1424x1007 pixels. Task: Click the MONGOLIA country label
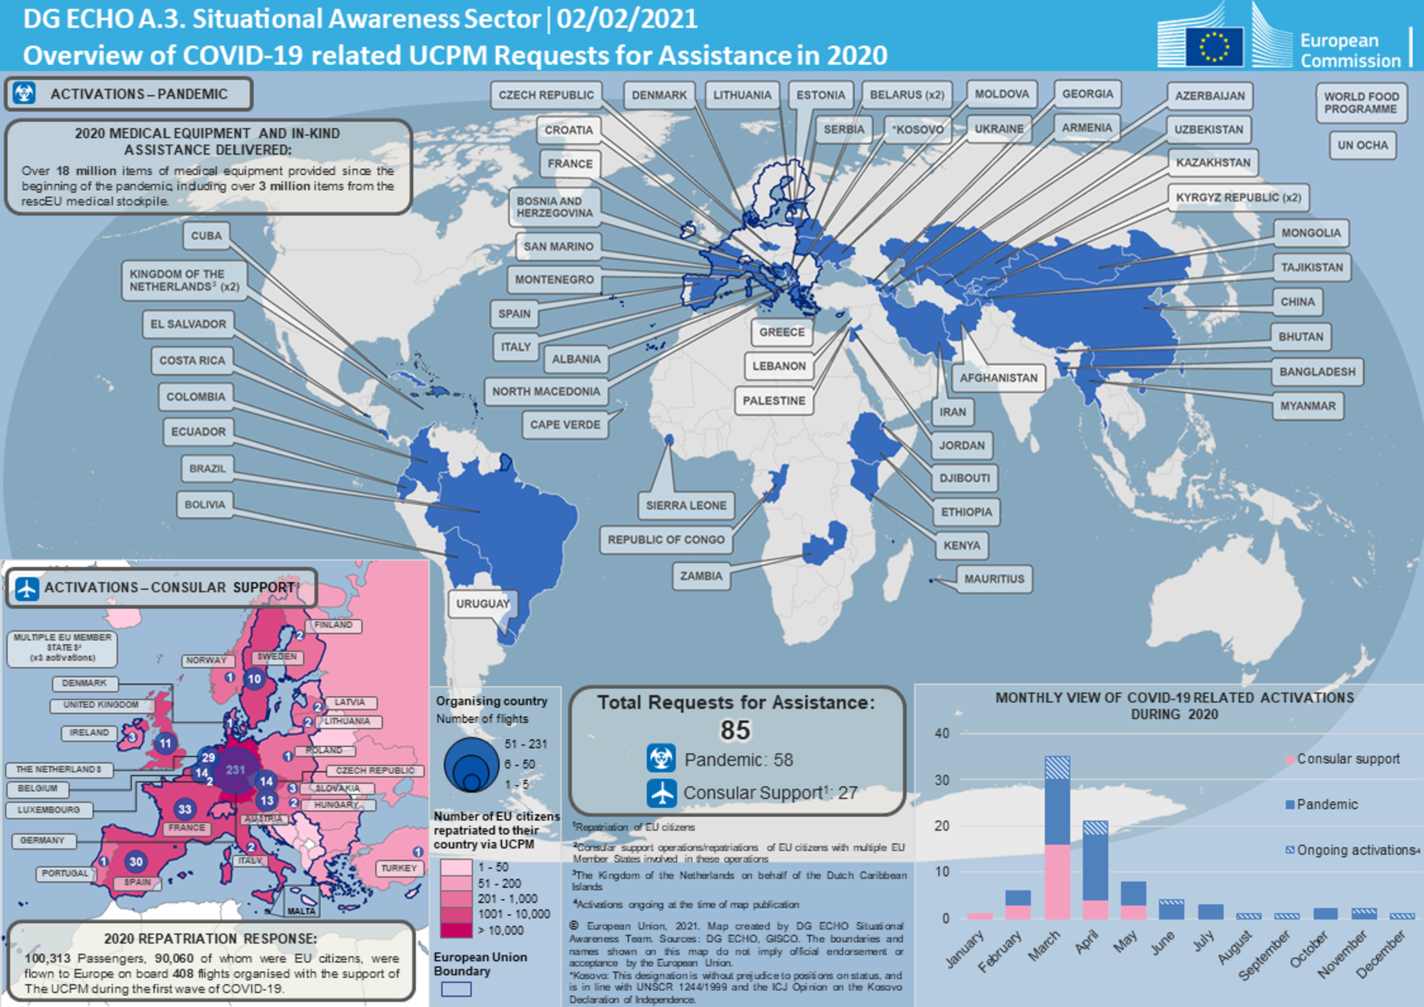pyautogui.click(x=1311, y=233)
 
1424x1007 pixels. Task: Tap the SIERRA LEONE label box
pyautogui.click(x=686, y=505)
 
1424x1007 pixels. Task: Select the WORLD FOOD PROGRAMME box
pyautogui.click(x=1361, y=103)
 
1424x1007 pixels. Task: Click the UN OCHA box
pyautogui.click(x=1362, y=145)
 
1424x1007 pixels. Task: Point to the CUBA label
pyautogui.click(x=206, y=236)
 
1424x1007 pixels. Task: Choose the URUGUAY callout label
pyautogui.click(x=482, y=604)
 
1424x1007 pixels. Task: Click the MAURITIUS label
pyautogui.click(x=994, y=579)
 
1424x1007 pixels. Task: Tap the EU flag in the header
pyautogui.click(x=1213, y=46)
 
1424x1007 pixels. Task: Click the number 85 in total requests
pyautogui.click(x=735, y=730)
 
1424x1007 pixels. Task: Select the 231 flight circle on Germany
pyautogui.click(x=235, y=770)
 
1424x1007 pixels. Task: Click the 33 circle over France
pyautogui.click(x=184, y=809)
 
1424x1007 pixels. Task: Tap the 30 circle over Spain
pyautogui.click(x=136, y=862)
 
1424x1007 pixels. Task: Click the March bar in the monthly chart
pyautogui.click(x=1057, y=838)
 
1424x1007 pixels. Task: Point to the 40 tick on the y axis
pyautogui.click(x=942, y=733)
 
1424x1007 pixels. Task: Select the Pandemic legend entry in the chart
pyautogui.click(x=1326, y=804)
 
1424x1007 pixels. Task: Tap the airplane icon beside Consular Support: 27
pyautogui.click(x=661, y=793)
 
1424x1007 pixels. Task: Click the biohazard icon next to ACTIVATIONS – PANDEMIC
pyautogui.click(x=25, y=93)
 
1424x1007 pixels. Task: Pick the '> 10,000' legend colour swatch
pyautogui.click(x=456, y=930)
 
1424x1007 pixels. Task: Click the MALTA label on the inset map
pyautogui.click(x=301, y=911)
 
